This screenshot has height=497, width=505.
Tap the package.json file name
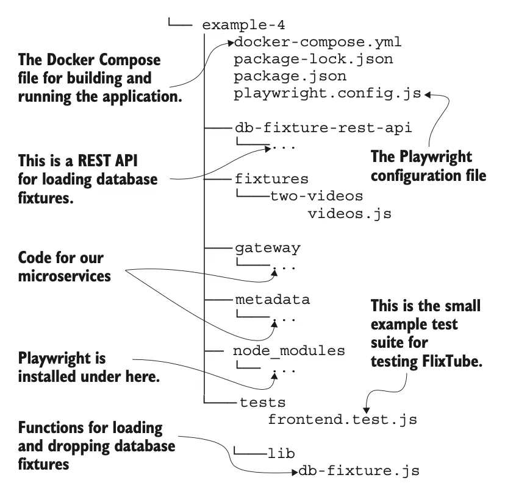[x=290, y=77]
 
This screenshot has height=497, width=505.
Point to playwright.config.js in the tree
[x=327, y=94]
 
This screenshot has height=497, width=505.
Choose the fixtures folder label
[x=271, y=180]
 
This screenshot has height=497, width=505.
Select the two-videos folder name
[x=317, y=197]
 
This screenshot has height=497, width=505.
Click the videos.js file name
[x=349, y=214]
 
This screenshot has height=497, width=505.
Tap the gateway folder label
[x=267, y=248]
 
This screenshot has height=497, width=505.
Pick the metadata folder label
[x=272, y=300]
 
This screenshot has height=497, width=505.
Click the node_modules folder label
[x=289, y=351]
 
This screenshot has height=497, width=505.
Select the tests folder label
[x=263, y=403]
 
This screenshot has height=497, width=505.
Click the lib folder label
[x=281, y=454]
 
